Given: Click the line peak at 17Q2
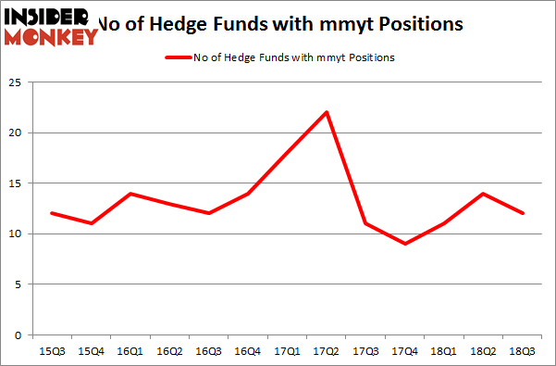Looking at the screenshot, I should pos(327,112).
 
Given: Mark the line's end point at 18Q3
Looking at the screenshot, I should pos(525,213).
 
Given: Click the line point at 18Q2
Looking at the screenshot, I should pos(485,194).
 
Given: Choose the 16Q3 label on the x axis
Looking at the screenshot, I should pos(208,352).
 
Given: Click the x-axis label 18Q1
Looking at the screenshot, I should pos(445,352).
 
